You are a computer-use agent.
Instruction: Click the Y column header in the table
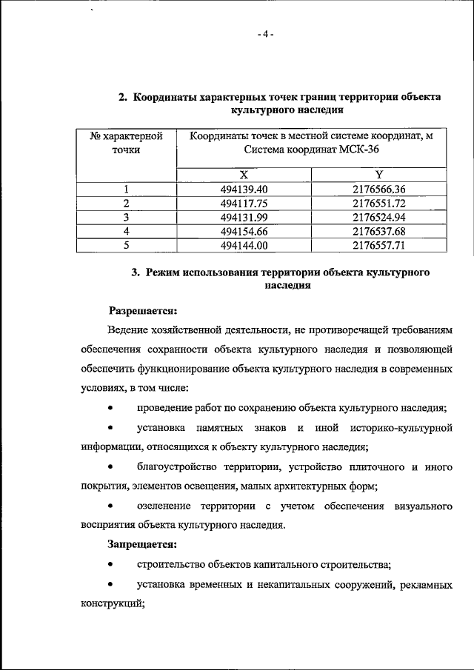(x=378, y=175)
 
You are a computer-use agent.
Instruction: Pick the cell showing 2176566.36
(x=378, y=189)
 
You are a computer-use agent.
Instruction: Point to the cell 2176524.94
(x=378, y=217)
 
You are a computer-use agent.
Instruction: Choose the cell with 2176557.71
(x=378, y=245)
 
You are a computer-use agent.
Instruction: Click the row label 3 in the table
(x=126, y=217)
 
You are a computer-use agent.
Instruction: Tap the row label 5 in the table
(x=126, y=245)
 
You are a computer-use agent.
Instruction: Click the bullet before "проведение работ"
(x=110, y=408)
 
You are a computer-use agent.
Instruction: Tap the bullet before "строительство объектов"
(x=110, y=564)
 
